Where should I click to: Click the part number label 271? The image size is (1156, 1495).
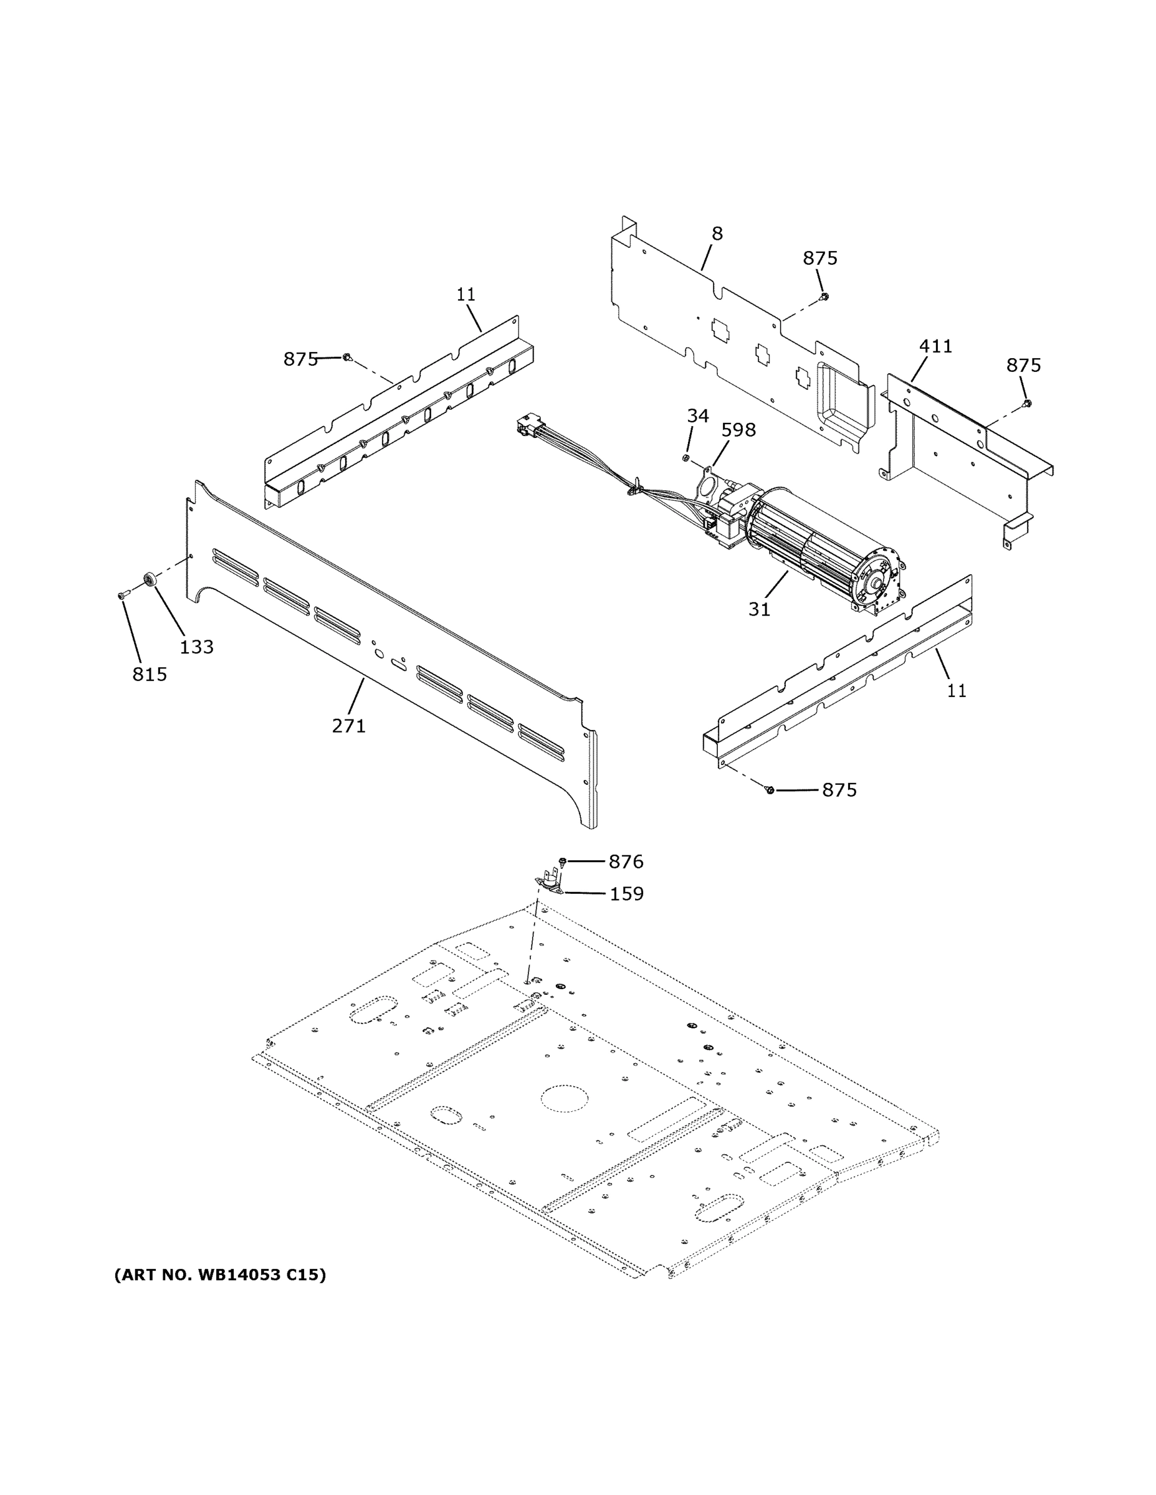click(348, 726)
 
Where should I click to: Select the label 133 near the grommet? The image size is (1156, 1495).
click(196, 647)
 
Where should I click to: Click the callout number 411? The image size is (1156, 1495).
click(935, 346)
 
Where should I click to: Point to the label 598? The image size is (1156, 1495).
click(738, 430)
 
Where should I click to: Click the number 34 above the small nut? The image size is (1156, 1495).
click(697, 415)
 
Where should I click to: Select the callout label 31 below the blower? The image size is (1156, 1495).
click(759, 609)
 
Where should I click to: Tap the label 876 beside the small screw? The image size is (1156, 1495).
click(626, 862)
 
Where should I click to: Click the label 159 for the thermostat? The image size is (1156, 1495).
click(626, 894)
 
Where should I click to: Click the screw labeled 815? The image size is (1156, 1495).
click(123, 597)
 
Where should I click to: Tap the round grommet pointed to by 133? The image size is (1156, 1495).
click(148, 581)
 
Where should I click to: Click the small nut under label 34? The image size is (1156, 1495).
click(685, 457)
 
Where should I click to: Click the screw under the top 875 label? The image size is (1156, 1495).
click(824, 296)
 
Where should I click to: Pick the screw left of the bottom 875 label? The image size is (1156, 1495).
click(768, 790)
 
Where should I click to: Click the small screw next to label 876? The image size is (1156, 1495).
click(563, 860)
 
